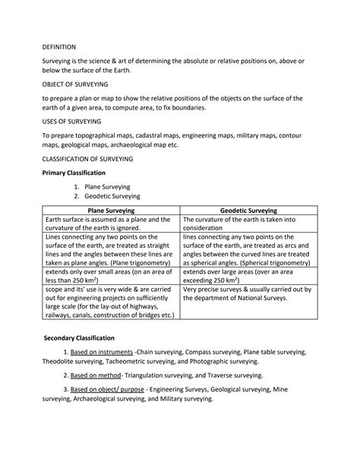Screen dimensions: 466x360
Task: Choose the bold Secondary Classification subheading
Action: click(79, 337)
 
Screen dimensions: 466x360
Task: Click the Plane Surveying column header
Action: click(112, 209)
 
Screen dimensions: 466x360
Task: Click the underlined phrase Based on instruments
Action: click(102, 352)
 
